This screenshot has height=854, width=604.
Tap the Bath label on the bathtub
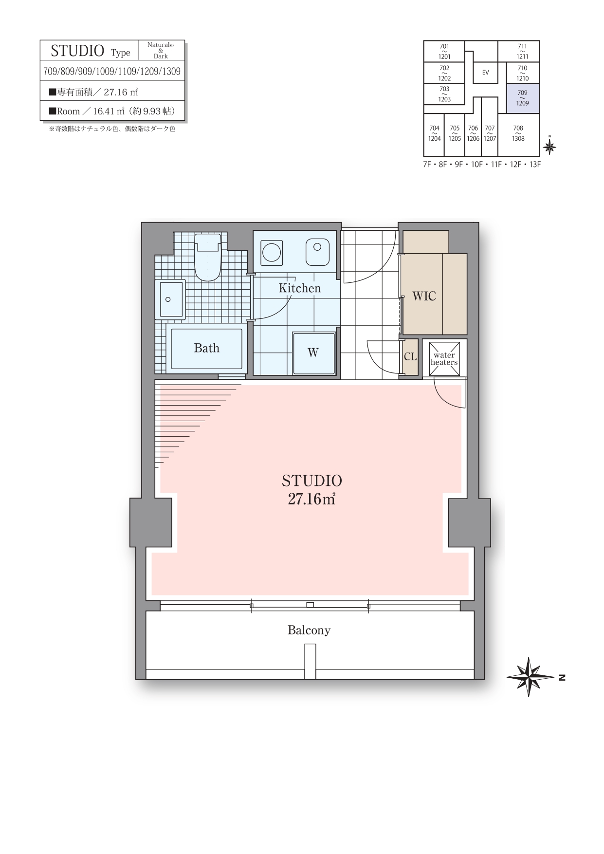pyautogui.click(x=206, y=348)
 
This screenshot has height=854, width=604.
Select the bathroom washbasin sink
pyautogui.click(x=170, y=299)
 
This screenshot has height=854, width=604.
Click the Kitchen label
pyautogui.click(x=300, y=288)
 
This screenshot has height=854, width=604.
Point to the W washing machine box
pyautogui.click(x=314, y=353)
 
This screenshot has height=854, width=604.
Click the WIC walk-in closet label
pyautogui.click(x=424, y=296)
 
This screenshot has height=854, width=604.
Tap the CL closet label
pyautogui.click(x=410, y=357)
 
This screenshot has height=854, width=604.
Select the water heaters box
pyautogui.click(x=444, y=359)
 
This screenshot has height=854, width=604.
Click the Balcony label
pyautogui.click(x=309, y=631)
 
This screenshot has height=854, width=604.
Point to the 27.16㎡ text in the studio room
pyautogui.click(x=311, y=499)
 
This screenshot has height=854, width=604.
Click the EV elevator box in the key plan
pyautogui.click(x=485, y=73)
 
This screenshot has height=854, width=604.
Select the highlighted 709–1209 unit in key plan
pyautogui.click(x=523, y=98)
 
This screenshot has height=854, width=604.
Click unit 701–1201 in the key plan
pyautogui.click(x=444, y=51)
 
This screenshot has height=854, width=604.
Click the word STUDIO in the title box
pyautogui.click(x=77, y=51)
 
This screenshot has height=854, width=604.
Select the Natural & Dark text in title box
pyautogui.click(x=161, y=50)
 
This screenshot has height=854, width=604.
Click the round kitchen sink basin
pyautogui.click(x=271, y=253)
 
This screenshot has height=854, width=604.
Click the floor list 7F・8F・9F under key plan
pyautogui.click(x=482, y=165)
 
